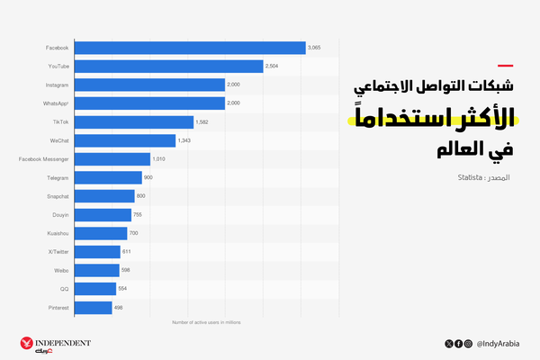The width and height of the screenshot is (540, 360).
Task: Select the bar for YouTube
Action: point(168,66)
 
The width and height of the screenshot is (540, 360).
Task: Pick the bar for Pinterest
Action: point(93,308)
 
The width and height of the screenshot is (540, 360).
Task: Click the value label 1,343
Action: point(184,140)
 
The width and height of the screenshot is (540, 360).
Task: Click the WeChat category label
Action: point(60,141)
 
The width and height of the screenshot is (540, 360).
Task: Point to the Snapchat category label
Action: point(58,196)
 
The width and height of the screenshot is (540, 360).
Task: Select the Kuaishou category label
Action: point(58,233)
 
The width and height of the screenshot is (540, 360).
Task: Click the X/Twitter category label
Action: point(58,252)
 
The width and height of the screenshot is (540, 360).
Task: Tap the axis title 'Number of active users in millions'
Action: point(207,321)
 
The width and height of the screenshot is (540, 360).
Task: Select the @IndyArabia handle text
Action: point(500,343)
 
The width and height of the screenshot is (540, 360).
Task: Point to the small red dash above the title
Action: point(506,65)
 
